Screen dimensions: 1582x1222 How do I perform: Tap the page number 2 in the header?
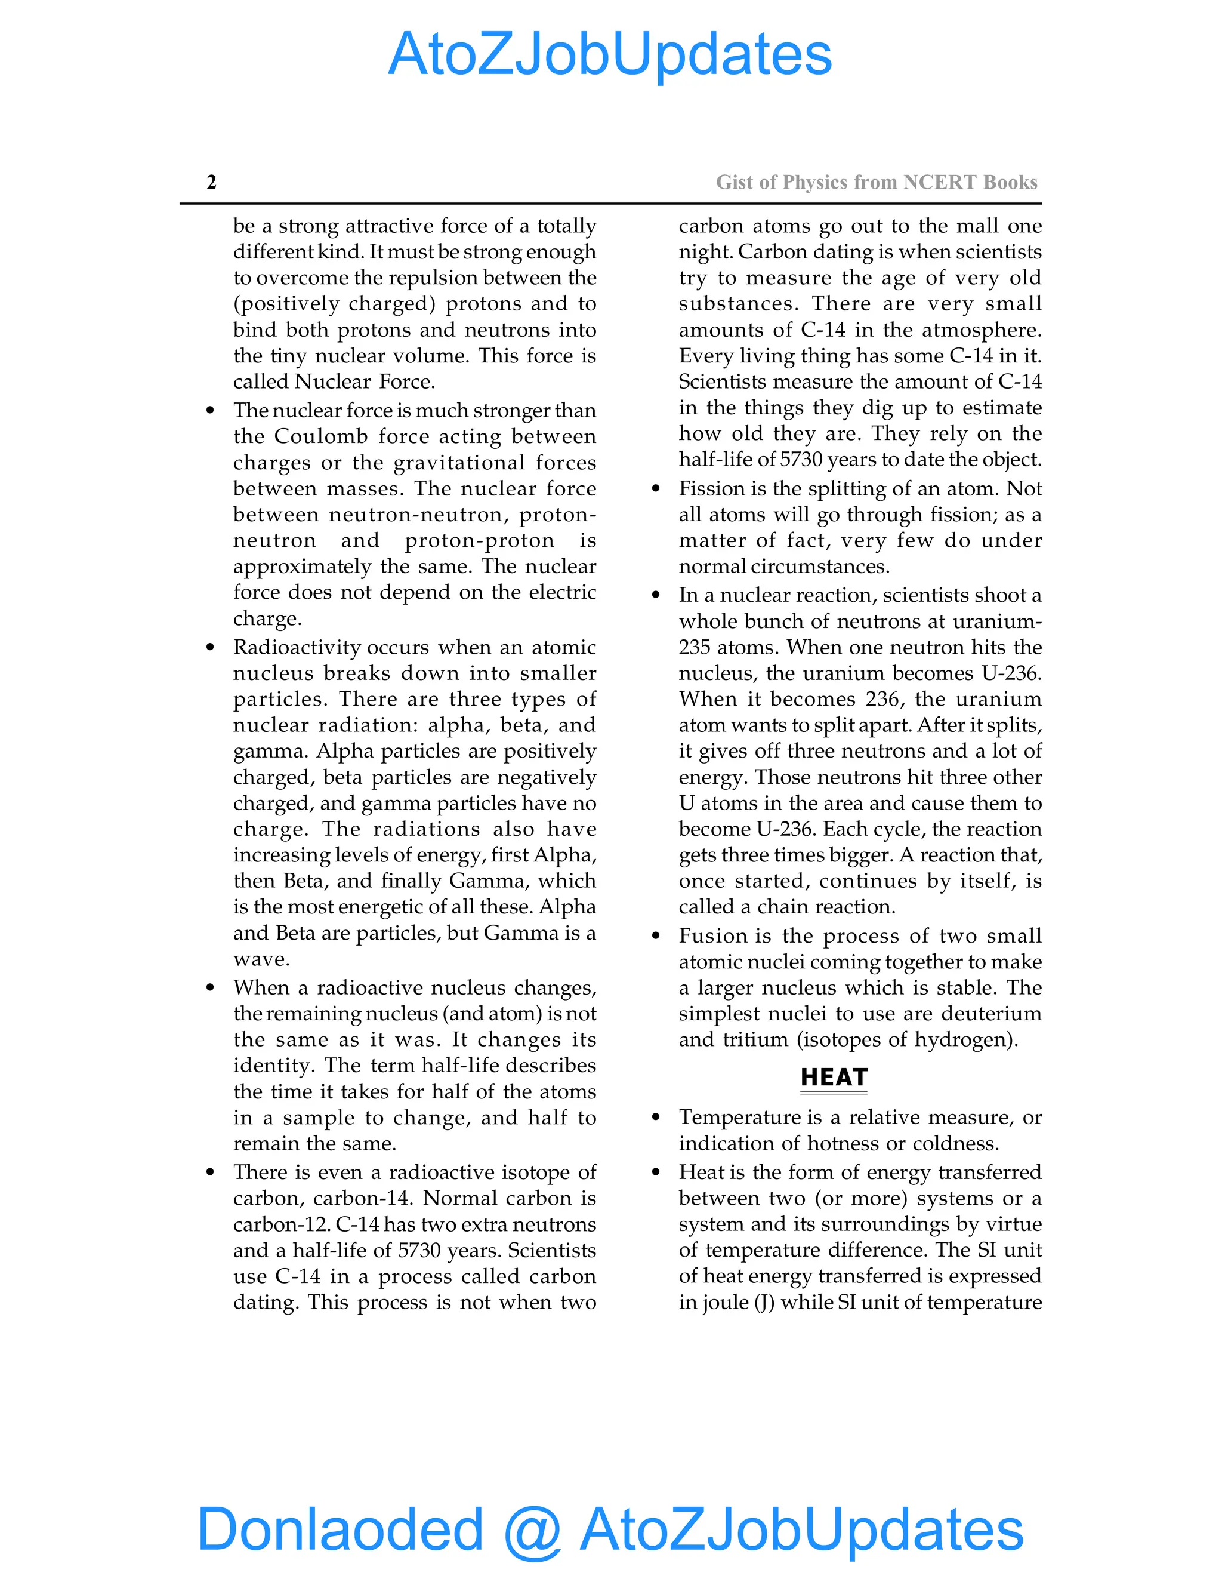tap(211, 182)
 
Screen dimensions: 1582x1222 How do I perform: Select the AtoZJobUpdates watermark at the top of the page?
tap(610, 54)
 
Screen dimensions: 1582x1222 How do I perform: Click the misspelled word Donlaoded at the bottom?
tap(340, 1528)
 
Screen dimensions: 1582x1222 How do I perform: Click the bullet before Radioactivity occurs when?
tap(211, 648)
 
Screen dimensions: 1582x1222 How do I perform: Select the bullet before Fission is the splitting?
tap(656, 489)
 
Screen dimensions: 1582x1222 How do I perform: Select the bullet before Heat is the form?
tap(656, 1172)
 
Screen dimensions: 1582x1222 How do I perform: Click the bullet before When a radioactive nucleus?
tap(211, 988)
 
